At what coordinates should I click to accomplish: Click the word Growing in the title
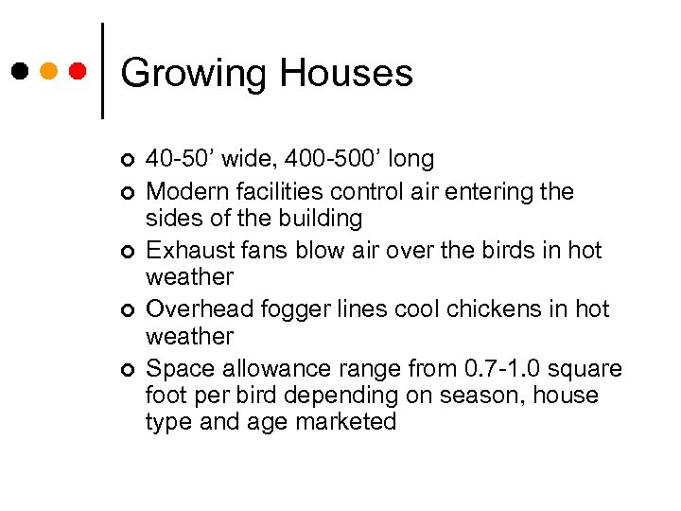[x=192, y=73]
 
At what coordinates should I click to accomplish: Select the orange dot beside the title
[x=49, y=72]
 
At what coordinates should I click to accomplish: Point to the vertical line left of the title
[x=102, y=70]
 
